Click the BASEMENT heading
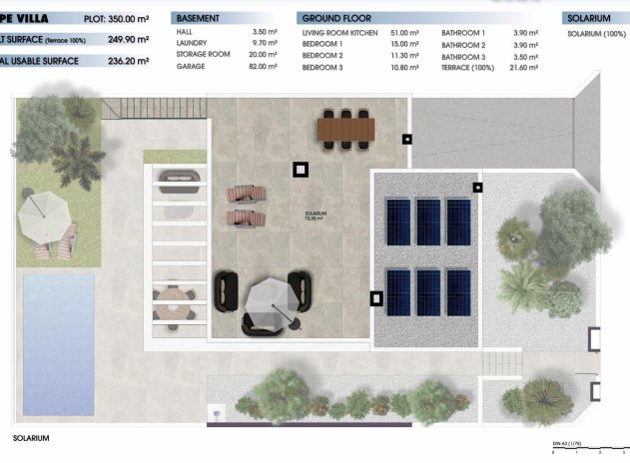(x=198, y=18)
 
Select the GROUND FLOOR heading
(x=335, y=18)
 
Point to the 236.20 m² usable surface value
(x=128, y=61)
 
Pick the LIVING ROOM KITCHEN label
(x=340, y=34)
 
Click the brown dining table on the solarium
(x=344, y=128)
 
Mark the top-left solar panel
(x=397, y=222)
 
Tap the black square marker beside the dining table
(x=406, y=139)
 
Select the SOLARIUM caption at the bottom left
(x=31, y=438)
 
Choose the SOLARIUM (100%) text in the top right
(x=597, y=34)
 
